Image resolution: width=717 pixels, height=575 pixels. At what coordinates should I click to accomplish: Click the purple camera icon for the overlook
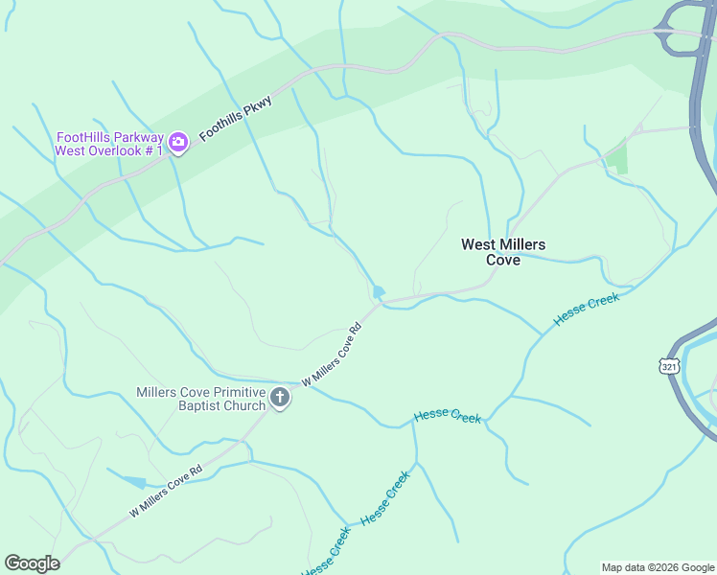point(177,143)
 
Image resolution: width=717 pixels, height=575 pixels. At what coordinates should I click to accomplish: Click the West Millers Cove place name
point(503,252)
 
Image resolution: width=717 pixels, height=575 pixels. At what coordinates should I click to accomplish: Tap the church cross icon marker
point(279,398)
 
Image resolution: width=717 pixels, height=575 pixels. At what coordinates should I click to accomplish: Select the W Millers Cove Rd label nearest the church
point(332,355)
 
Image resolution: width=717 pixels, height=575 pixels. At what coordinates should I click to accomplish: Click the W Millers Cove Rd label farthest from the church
point(167,490)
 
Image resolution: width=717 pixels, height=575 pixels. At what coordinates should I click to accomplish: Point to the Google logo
point(32,563)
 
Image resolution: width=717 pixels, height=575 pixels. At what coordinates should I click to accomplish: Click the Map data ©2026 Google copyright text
point(657,567)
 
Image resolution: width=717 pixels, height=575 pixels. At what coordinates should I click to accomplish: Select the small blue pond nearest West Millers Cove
point(379,291)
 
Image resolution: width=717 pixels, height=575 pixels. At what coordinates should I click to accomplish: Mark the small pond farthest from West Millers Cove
point(134,482)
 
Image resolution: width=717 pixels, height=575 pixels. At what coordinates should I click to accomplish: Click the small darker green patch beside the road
point(618,156)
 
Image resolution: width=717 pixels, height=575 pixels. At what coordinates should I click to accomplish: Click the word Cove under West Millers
point(503,260)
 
